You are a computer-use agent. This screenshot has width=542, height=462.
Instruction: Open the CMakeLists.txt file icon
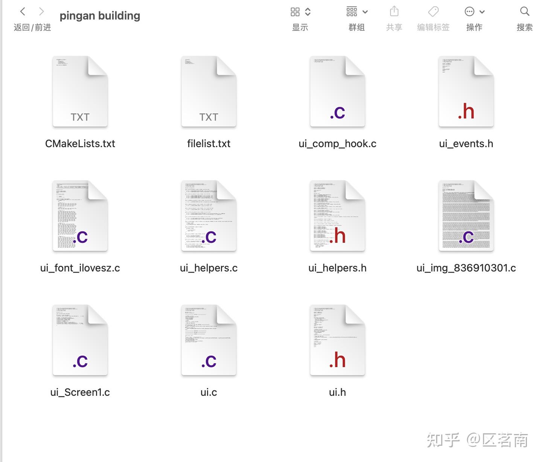coord(80,91)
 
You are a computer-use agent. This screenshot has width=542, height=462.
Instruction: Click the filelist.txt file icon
coord(209,91)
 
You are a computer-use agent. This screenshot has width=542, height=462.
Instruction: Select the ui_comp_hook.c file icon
coord(338,91)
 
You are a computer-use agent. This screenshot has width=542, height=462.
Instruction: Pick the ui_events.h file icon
coord(466,91)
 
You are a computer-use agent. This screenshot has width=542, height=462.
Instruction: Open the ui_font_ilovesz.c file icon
coord(80,216)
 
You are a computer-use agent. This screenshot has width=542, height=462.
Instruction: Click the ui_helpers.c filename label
coord(209,268)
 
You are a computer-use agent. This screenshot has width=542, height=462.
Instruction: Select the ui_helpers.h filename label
coord(338,268)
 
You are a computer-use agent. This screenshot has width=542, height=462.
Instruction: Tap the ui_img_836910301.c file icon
coord(466,216)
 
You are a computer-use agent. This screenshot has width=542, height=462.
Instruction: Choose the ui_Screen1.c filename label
coord(80,392)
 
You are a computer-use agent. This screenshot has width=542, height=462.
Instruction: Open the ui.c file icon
coord(209,340)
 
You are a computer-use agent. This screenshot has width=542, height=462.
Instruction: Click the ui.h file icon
coord(338,340)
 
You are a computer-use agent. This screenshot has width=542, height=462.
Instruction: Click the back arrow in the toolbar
coord(23,12)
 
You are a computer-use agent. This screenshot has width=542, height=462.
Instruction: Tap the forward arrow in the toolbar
coord(41,12)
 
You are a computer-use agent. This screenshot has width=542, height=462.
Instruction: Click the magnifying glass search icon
coord(525,12)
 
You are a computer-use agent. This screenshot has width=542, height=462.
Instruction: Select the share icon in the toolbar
coord(394,11)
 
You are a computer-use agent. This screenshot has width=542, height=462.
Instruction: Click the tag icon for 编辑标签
coord(433,12)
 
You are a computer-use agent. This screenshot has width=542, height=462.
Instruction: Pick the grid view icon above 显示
coord(295,12)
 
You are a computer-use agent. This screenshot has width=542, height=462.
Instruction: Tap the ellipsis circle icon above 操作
coord(470,12)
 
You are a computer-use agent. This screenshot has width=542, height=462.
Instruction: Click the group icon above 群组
coord(352,12)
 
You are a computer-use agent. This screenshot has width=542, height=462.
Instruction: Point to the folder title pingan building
coord(100,16)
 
